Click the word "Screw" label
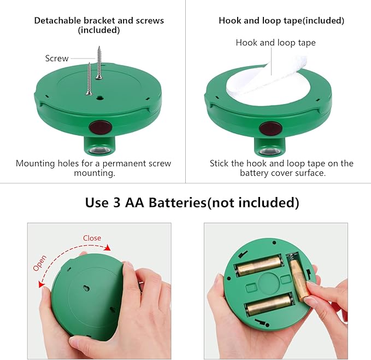pos(57,58)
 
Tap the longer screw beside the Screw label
pos(99,63)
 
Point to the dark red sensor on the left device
pos(100,127)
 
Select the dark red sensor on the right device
pos(270,128)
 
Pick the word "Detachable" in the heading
pos(57,21)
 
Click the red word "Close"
pos(92,238)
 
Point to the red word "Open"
pos(39,263)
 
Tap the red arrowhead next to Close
pos(108,247)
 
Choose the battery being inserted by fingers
pos(298,281)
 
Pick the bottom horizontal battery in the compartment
pos(269,304)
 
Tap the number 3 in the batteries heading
pos(116,203)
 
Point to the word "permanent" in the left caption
pos(123,164)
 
